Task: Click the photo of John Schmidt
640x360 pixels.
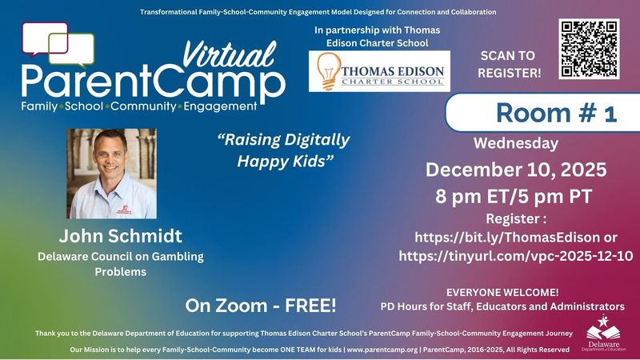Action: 112,174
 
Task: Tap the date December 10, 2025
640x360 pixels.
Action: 516,170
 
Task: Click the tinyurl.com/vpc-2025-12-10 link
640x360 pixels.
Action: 516,256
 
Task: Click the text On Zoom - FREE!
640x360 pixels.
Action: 261,305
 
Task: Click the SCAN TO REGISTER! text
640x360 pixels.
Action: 510,64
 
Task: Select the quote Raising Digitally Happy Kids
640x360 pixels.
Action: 284,150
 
